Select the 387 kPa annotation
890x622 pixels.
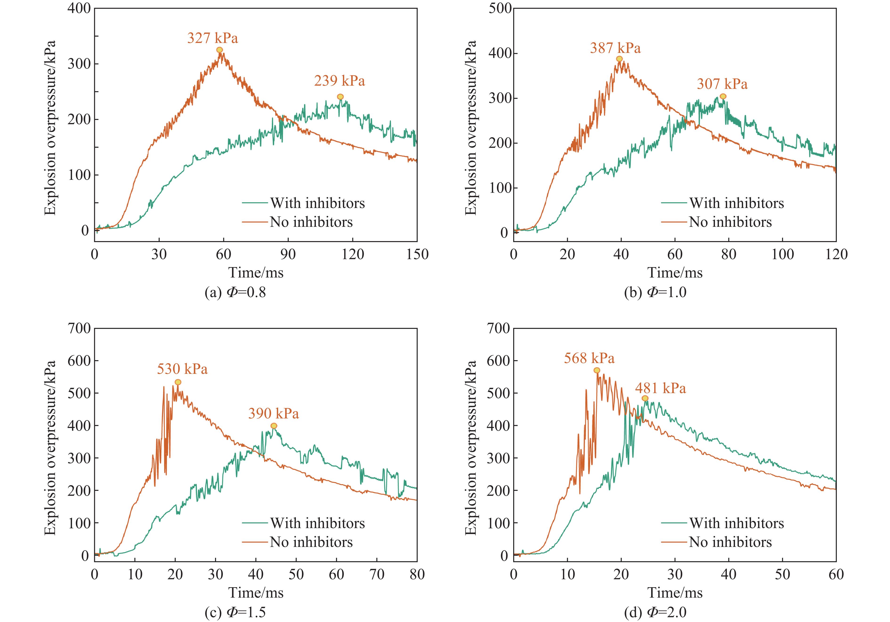615,48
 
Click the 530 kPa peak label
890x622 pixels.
182,369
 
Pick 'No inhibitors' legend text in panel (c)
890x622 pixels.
311,542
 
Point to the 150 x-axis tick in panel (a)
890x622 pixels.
417,255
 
